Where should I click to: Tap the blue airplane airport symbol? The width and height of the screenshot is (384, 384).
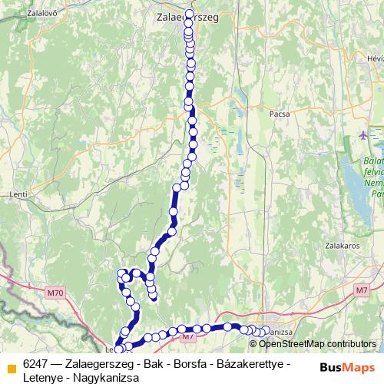[364, 136]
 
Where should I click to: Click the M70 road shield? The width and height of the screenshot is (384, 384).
[55, 293]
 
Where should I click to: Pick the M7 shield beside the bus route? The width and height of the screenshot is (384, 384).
[187, 336]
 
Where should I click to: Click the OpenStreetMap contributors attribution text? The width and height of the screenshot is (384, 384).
[312, 344]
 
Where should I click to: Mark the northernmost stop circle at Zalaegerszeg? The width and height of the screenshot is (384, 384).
[189, 14]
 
